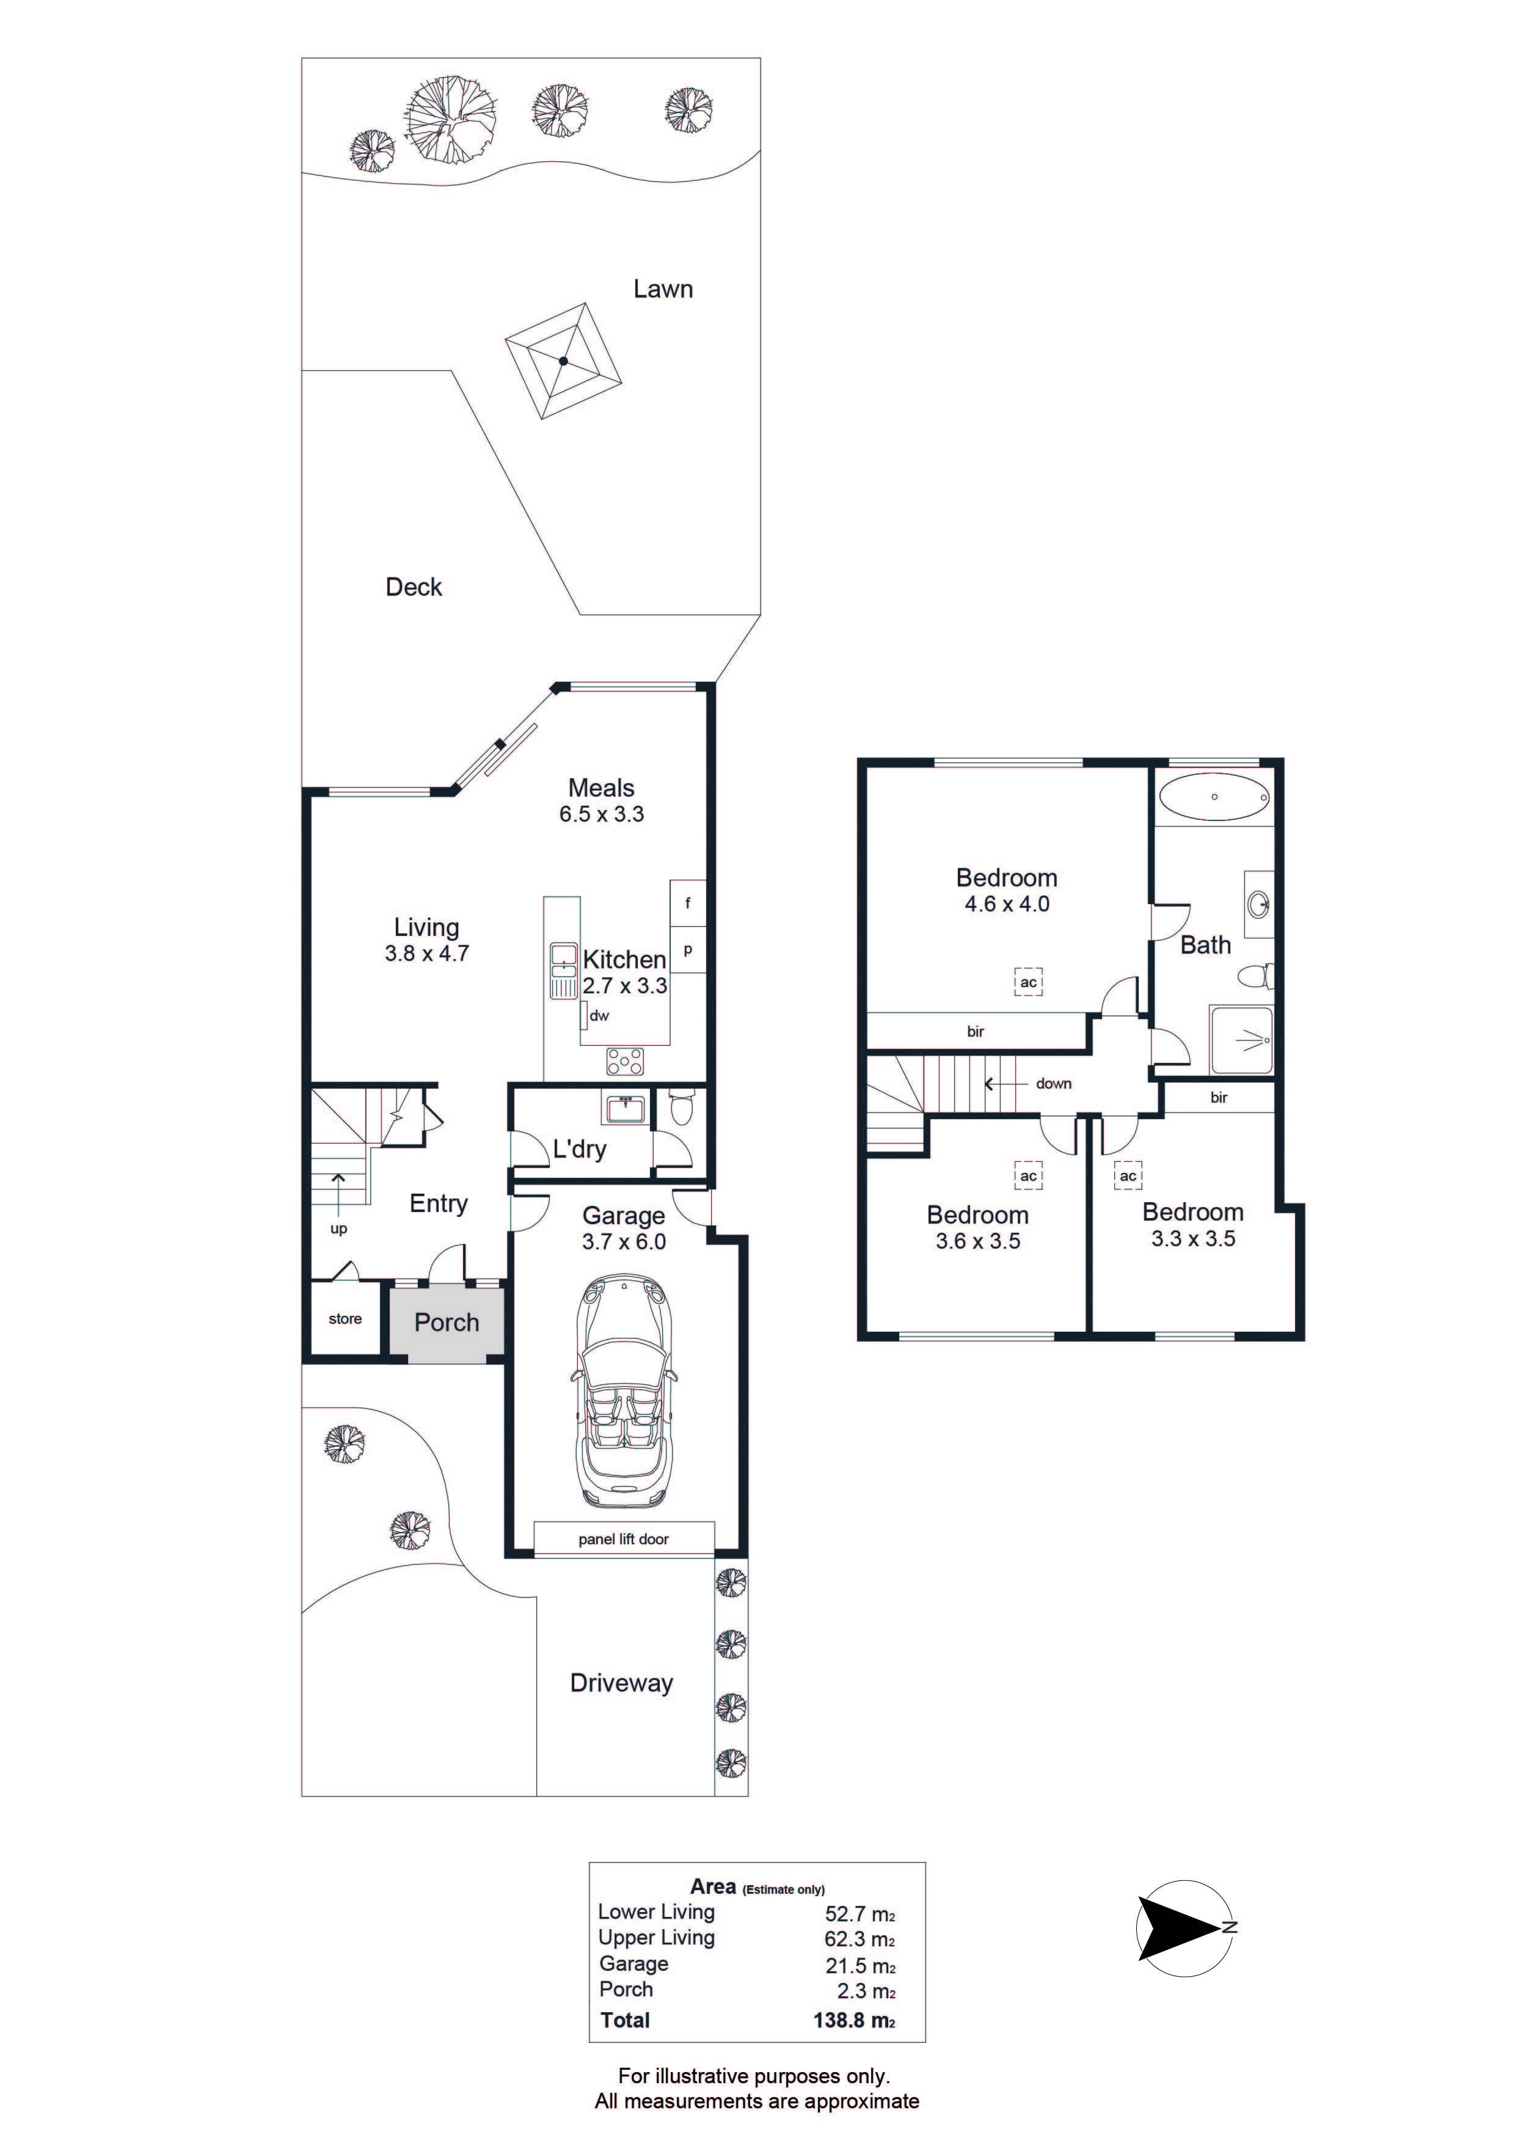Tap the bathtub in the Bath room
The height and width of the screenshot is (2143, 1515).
[x=1213, y=797]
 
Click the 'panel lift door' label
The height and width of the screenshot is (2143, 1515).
[x=624, y=1539]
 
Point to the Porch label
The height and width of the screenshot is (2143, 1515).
[x=446, y=1323]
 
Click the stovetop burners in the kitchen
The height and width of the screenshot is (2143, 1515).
[x=624, y=1061]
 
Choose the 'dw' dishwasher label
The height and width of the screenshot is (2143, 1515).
[x=599, y=1015]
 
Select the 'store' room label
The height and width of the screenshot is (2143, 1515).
[x=345, y=1319]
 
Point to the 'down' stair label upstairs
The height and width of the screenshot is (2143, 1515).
[x=1054, y=1084]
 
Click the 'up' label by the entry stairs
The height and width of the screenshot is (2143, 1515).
[x=339, y=1229]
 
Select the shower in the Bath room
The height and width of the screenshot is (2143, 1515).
[x=1241, y=1039]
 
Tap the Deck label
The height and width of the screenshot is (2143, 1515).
[x=414, y=587]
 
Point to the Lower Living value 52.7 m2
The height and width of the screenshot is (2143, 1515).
[x=860, y=1915]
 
